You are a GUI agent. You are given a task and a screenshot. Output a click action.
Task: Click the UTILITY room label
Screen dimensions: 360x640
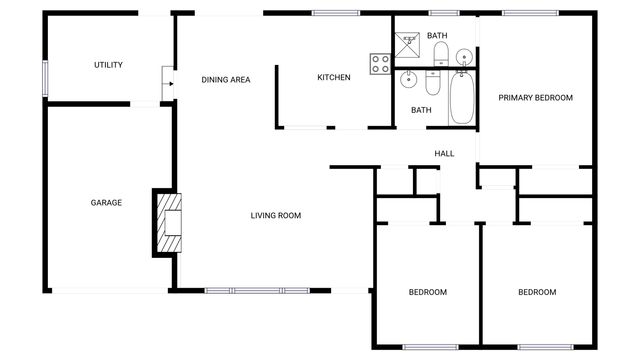coord(108,65)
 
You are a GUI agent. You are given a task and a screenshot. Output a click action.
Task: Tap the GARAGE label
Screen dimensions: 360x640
coord(106,203)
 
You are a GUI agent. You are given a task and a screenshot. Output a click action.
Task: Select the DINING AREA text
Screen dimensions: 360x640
coord(225,80)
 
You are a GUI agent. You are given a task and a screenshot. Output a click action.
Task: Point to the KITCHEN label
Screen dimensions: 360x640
coord(333,78)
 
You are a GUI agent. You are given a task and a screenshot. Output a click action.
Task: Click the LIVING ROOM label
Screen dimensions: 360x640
coord(275,216)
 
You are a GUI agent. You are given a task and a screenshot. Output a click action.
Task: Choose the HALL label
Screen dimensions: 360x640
coord(444,154)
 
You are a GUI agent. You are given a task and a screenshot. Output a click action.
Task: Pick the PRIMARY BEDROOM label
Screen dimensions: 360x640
coord(535,98)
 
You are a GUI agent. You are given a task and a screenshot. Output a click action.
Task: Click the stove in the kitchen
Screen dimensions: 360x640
coord(380,64)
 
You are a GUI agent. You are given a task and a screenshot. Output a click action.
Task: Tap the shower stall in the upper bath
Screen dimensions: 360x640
coord(406,41)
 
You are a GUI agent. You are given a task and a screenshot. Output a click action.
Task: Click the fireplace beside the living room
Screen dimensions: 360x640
coord(168,222)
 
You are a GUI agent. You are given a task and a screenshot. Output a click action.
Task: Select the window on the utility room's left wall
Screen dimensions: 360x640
coord(44,80)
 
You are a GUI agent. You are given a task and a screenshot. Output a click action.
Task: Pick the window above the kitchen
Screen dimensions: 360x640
coord(336,13)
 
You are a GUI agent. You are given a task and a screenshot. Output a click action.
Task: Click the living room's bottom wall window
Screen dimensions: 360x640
coord(257,291)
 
